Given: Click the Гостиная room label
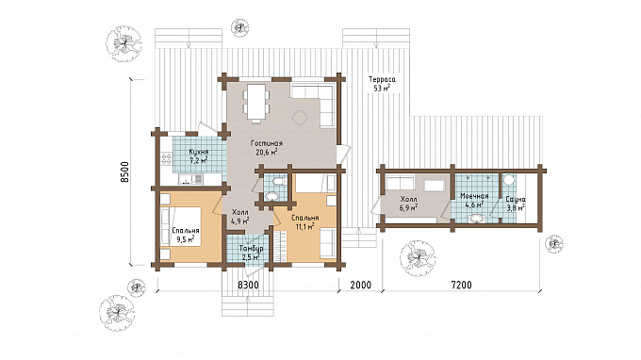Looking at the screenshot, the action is [x=267, y=143].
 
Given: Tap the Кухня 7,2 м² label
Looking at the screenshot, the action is [x=199, y=156].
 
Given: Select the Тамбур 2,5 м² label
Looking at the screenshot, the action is [x=251, y=253].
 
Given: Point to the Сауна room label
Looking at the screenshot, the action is [x=516, y=200].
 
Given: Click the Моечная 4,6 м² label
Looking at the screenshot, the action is [x=474, y=200].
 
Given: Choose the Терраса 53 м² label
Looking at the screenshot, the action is [x=382, y=83].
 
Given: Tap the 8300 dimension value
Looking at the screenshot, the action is [x=248, y=285].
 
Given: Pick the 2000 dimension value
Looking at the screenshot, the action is [x=360, y=285].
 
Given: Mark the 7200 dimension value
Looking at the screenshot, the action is [x=461, y=285].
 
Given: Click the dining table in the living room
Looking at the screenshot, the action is [x=256, y=102].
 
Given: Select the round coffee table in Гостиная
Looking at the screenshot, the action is [x=300, y=119].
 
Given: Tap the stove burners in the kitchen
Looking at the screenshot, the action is [x=167, y=158].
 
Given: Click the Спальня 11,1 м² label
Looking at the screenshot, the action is [x=305, y=221].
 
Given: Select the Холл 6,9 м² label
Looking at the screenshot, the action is [x=409, y=204].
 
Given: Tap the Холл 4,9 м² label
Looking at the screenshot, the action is [x=240, y=218].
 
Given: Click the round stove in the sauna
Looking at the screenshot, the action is [x=509, y=180].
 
